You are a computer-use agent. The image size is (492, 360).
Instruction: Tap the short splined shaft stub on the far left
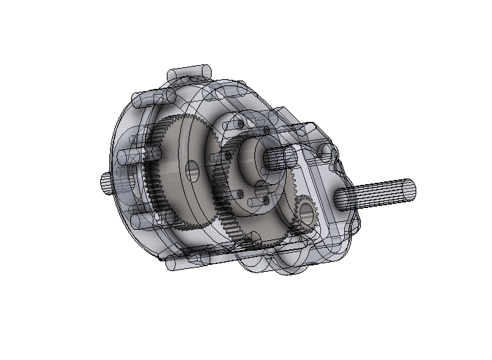(105, 183)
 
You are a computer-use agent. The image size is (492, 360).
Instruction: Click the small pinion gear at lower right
(305, 213)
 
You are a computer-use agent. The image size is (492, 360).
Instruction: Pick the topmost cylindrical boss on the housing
(188, 73)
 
